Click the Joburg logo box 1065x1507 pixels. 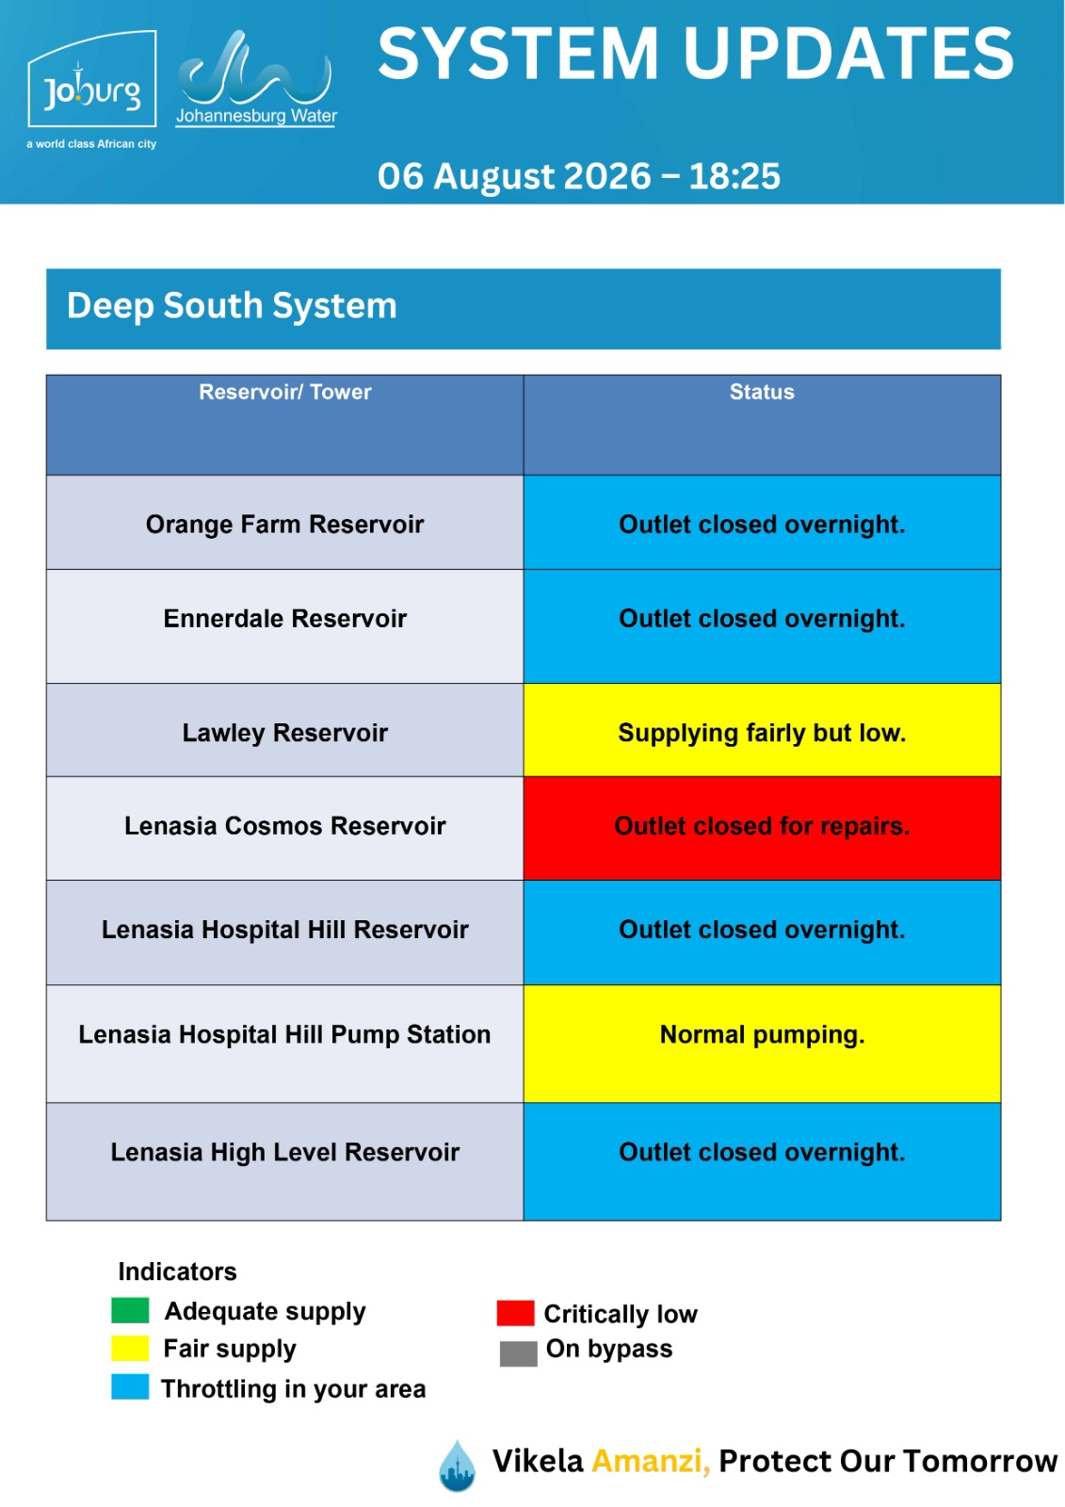(x=91, y=78)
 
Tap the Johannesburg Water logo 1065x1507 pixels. (x=256, y=78)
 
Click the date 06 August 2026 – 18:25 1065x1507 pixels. (x=578, y=176)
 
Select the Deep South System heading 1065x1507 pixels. (x=232, y=305)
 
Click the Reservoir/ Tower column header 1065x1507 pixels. (x=284, y=392)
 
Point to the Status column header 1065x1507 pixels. (x=762, y=392)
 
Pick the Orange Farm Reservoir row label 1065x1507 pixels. (x=284, y=524)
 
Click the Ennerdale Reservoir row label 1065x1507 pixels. (x=284, y=618)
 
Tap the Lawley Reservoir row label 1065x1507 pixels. (x=284, y=733)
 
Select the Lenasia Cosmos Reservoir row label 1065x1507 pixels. (x=284, y=825)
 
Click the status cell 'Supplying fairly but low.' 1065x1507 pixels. (x=762, y=730)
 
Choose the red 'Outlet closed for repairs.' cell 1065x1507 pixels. (x=762, y=828)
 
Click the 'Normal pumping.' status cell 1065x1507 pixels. (x=762, y=1044)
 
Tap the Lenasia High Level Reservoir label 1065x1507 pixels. (x=284, y=1152)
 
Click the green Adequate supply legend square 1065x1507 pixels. (x=130, y=1310)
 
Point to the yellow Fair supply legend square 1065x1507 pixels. (x=130, y=1348)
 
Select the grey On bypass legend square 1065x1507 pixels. (x=518, y=1353)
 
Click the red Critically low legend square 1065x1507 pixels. (x=515, y=1313)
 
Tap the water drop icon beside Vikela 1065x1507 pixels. (x=458, y=1466)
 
